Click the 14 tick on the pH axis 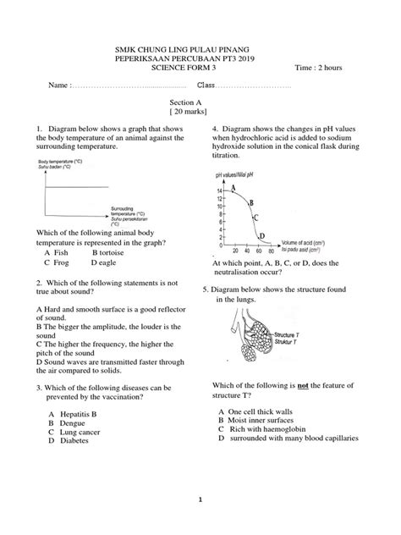[218, 192]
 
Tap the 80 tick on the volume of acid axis [270, 251]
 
